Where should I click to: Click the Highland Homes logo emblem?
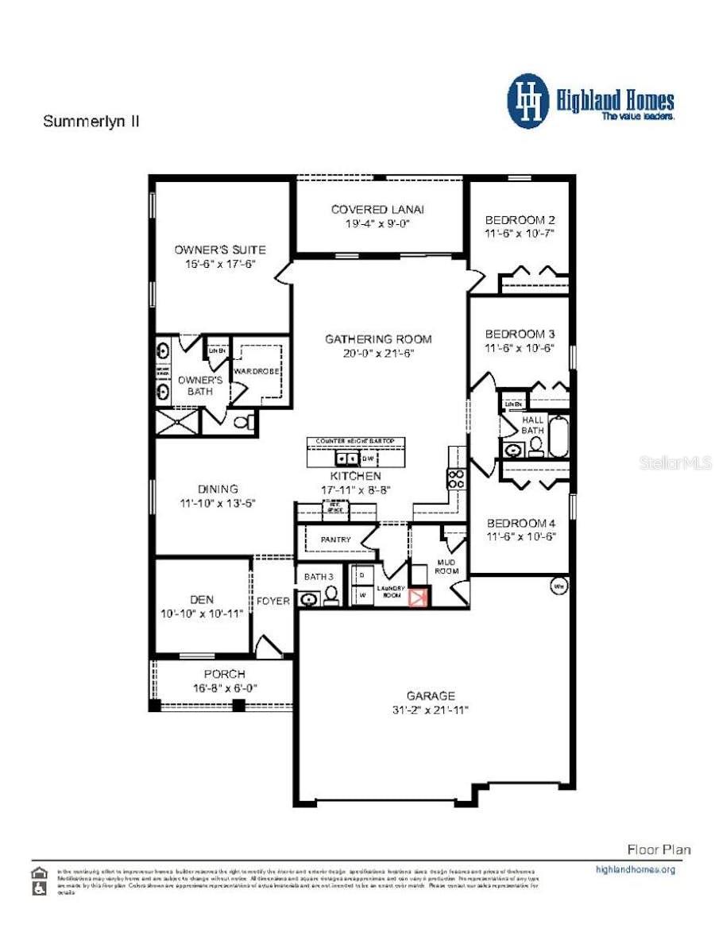click(x=528, y=101)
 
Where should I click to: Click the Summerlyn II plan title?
click(x=91, y=122)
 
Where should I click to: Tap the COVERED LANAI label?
click(x=377, y=209)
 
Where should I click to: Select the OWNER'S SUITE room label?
click(x=220, y=250)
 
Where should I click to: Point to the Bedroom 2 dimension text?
click(x=519, y=234)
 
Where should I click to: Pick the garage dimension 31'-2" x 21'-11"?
click(x=431, y=710)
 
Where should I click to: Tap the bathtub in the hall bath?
click(x=558, y=437)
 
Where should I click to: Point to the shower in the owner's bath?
click(x=176, y=421)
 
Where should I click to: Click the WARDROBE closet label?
click(x=253, y=370)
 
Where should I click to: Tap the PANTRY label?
click(x=335, y=540)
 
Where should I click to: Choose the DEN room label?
click(x=202, y=600)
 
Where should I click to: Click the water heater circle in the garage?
click(x=558, y=587)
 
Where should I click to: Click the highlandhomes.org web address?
click(x=635, y=869)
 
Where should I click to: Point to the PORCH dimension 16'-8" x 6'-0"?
click(x=225, y=688)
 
